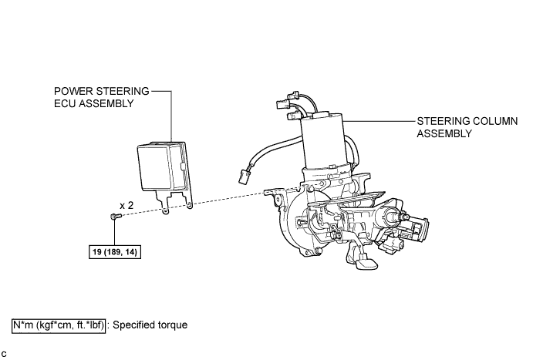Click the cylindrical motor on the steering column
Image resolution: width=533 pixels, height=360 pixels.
[x=323, y=142]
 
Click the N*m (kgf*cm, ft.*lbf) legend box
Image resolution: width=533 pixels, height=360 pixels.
[x=59, y=325]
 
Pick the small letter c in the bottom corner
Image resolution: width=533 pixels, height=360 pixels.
[x=5, y=353]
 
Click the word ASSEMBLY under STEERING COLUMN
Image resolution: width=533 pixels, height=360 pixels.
[x=444, y=133]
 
